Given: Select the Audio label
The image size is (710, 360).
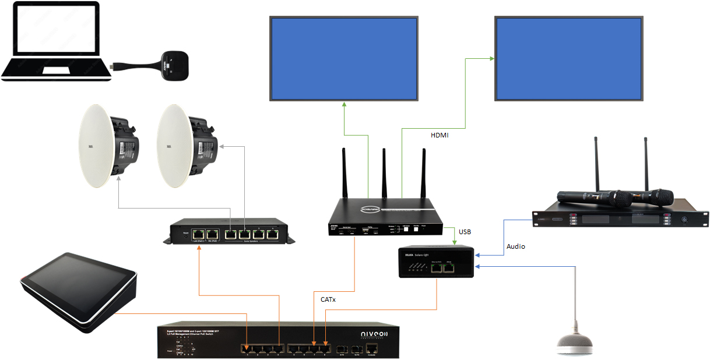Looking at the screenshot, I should (515, 246).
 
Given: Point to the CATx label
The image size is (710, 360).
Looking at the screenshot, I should (328, 299).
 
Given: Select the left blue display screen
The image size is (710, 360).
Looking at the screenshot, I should (344, 58).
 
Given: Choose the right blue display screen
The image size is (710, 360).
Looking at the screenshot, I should (568, 58).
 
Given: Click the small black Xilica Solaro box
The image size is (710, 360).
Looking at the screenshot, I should (437, 262).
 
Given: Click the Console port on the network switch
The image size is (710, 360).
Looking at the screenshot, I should (372, 349).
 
